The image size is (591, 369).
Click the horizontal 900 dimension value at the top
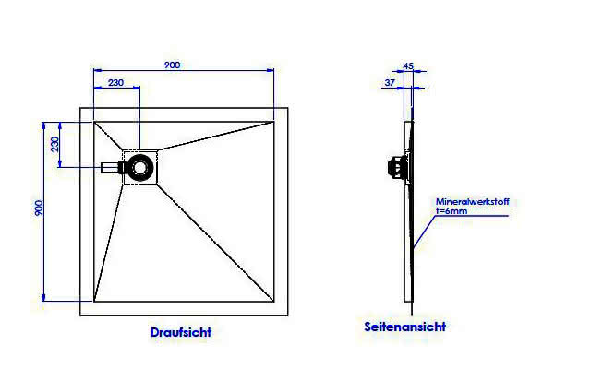[173, 65]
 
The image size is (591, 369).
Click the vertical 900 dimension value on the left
[39, 208]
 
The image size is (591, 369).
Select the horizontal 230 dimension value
[115, 82]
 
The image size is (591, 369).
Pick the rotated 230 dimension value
[55, 144]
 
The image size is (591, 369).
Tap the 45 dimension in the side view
[408, 65]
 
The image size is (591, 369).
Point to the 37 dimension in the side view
[390, 82]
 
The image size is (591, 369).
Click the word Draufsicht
[181, 332]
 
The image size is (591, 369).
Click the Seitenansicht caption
[405, 327]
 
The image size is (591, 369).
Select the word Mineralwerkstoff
[473, 202]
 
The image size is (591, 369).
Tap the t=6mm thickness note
[452, 211]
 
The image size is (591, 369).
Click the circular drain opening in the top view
[140, 167]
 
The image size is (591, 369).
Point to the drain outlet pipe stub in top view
[110, 168]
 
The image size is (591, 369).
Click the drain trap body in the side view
[396, 167]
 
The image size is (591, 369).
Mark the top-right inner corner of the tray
[273, 122]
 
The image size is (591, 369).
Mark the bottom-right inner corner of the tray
[273, 302]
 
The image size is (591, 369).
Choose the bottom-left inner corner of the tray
[94, 302]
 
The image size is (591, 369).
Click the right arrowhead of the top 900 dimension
[270, 70]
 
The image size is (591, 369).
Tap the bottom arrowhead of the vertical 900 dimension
[43, 297]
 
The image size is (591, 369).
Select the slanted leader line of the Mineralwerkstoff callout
[424, 232]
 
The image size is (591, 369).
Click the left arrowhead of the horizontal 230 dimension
[98, 89]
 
